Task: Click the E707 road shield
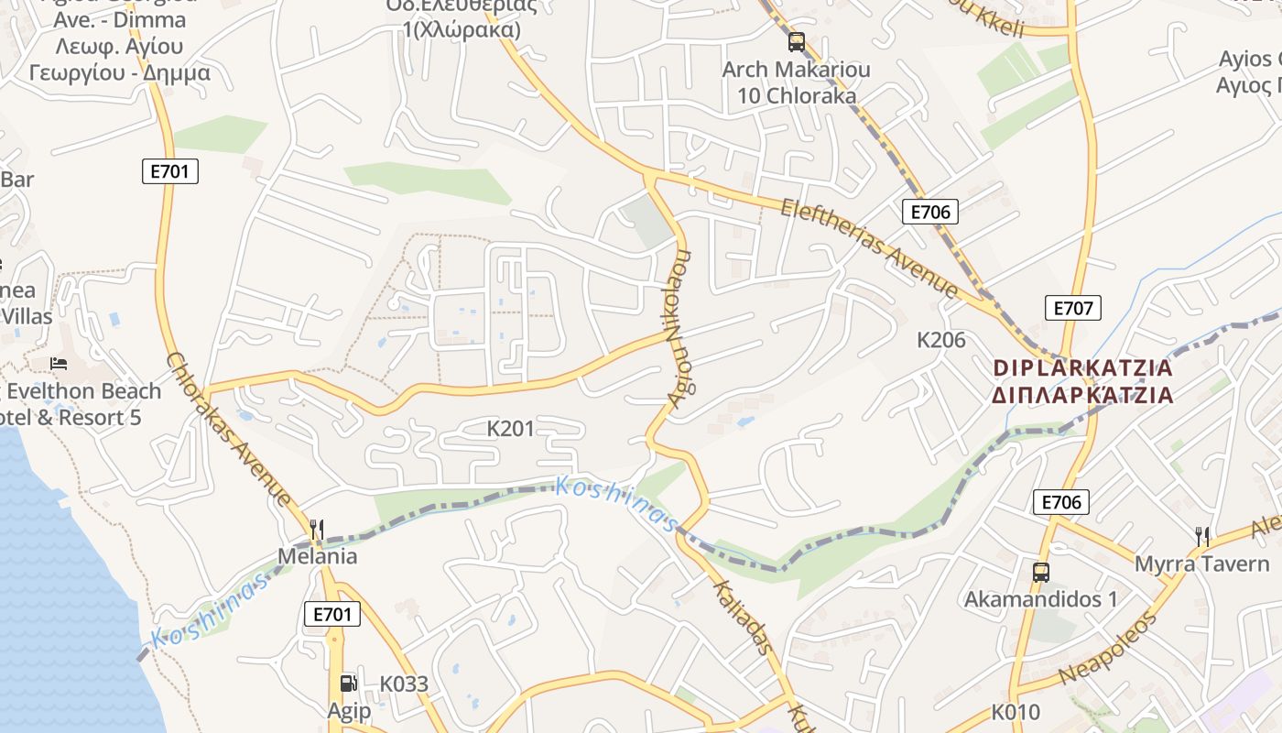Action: tap(1072, 308)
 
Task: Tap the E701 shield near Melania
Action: tap(331, 614)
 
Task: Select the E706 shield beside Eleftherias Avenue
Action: tap(929, 212)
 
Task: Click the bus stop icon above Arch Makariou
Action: tap(796, 41)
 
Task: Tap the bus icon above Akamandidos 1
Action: tap(1040, 573)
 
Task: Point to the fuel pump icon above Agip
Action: tap(348, 683)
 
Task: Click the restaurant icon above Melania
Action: tap(317, 529)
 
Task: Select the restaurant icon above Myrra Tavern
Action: tap(1202, 536)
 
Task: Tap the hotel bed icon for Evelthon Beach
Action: tap(60, 364)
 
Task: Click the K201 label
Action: tap(510, 428)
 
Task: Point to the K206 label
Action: tap(941, 340)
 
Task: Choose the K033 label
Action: tap(404, 684)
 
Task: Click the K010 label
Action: tap(1016, 712)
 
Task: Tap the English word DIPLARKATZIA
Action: tap(1082, 368)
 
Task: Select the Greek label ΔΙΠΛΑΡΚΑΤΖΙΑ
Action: tap(1082, 395)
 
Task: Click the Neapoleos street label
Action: tap(1108, 648)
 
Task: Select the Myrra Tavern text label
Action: tap(1201, 564)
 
